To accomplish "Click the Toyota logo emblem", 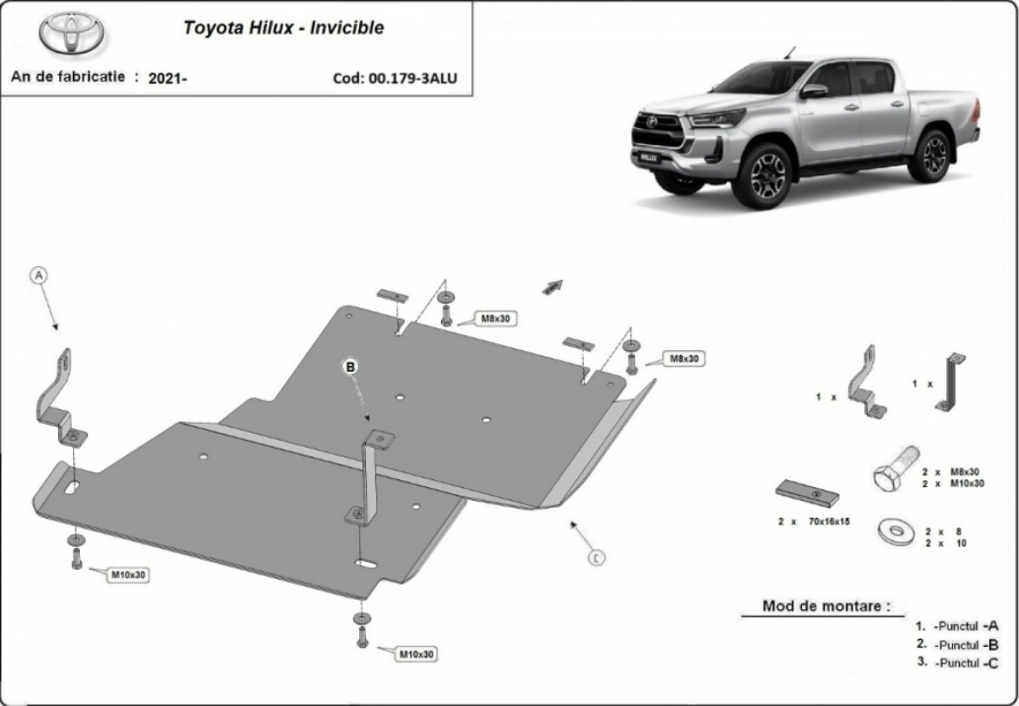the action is pos(71,34).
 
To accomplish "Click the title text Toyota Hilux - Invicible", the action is pos(283,28).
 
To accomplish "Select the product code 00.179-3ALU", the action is pos(412,79).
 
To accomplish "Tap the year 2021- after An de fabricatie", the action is pos(168,79).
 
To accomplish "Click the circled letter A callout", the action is pos(39,275).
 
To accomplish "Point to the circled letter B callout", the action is pos(351,367).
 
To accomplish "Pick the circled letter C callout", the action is pos(597,557).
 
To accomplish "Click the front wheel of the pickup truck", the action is pos(761,176).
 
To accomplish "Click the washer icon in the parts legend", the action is pos(896,531).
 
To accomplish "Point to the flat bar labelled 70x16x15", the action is pos(807,494).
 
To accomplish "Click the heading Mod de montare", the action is pos(826,606).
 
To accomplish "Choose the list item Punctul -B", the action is pos(957,645).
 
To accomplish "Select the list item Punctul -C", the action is pos(957,664).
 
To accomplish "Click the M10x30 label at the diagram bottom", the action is pos(416,654).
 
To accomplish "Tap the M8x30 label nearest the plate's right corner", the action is pos(685,359).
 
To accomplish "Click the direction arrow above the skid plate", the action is pos(552,287).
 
